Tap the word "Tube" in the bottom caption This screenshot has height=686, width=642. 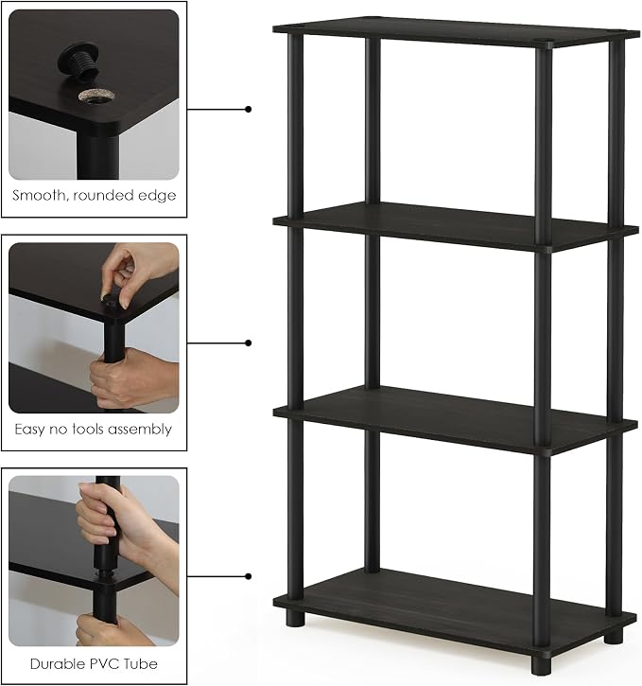pyautogui.click(x=141, y=663)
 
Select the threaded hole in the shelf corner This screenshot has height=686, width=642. pyautogui.click(x=96, y=96)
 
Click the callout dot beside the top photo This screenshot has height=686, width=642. pyautogui.click(x=249, y=109)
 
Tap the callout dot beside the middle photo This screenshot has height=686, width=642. pyautogui.click(x=249, y=343)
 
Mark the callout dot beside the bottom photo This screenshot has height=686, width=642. pyautogui.click(x=249, y=576)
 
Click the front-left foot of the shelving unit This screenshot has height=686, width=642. pyautogui.click(x=295, y=619)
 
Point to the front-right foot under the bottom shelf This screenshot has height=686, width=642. pyautogui.click(x=541, y=666)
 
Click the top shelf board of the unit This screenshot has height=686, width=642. pyautogui.click(x=456, y=32)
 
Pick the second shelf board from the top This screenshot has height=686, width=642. pyautogui.click(x=456, y=226)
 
